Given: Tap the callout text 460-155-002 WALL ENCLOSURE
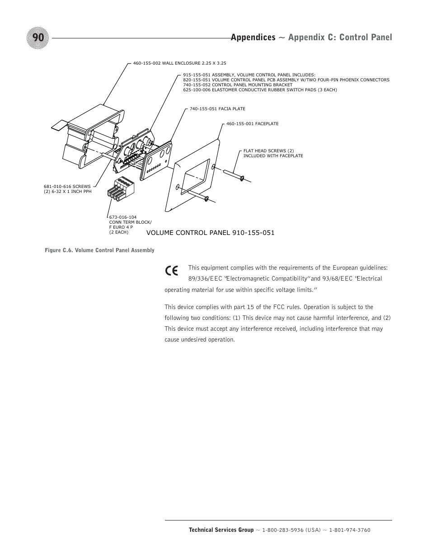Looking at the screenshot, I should click(x=179, y=63).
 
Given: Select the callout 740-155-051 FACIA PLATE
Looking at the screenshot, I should click(x=217, y=109).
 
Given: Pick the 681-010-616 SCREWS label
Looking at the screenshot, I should click(x=67, y=186).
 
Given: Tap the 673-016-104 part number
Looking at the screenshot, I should click(x=123, y=217).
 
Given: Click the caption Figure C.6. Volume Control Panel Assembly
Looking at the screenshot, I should click(x=99, y=250).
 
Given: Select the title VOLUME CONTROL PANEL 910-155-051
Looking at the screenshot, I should click(x=210, y=233).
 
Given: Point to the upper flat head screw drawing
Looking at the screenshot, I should click(x=234, y=175).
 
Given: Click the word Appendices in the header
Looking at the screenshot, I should click(x=253, y=38).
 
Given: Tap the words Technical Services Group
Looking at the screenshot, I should click(x=221, y=530).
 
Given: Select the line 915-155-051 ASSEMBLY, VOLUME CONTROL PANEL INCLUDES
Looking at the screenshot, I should click(x=249, y=75).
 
